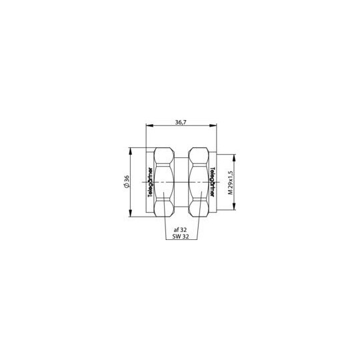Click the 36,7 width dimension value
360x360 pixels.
click(181, 123)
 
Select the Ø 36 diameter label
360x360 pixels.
click(127, 181)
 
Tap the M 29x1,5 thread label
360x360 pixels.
click(230, 183)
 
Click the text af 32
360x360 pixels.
click(180, 229)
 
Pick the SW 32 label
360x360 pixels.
click(180, 237)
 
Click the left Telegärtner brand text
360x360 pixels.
click(150, 182)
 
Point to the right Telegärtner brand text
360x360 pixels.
click(213, 182)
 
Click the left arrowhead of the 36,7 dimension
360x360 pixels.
click(149, 125)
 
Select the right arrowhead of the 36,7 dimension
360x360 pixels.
click(213, 125)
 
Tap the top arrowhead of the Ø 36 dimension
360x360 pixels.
click(131, 151)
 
